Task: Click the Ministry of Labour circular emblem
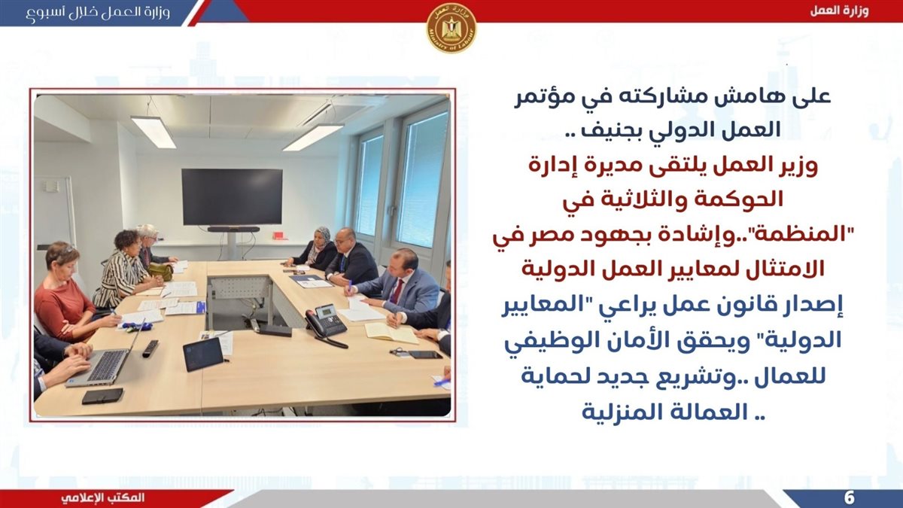pos(451,28)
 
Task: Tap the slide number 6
pos(849,498)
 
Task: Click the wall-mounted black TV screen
pos(233,196)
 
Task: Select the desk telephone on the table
pos(326,324)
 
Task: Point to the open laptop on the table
pos(105,358)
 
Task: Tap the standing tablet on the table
pos(204,354)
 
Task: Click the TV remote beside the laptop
pos(150,348)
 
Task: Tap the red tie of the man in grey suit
pos(397,291)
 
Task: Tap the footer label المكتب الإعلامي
pos(103,497)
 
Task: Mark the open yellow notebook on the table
pos(392,333)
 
